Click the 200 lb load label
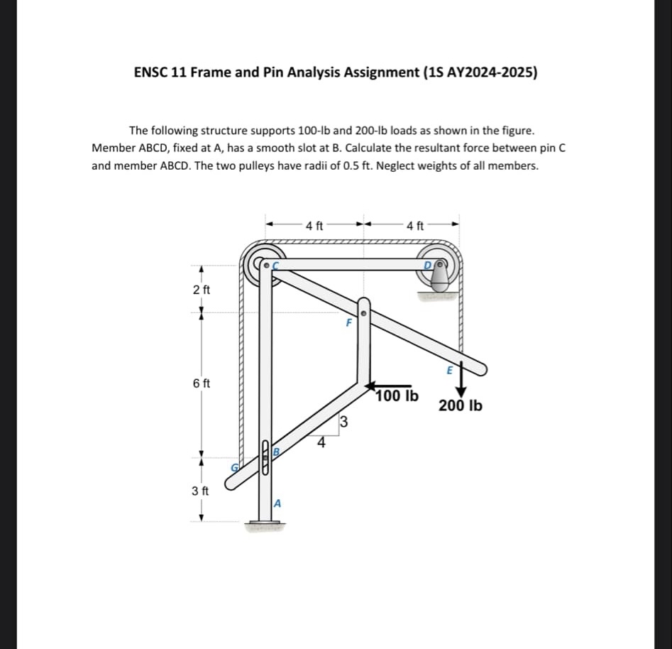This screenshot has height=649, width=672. [x=461, y=406]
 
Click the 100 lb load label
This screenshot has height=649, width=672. [x=397, y=396]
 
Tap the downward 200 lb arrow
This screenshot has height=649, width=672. [x=461, y=381]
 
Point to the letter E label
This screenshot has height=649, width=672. [x=449, y=369]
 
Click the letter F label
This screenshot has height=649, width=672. [x=348, y=322]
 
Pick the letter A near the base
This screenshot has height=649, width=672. [x=278, y=503]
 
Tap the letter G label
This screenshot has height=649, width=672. [x=238, y=467]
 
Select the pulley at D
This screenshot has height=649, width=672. [x=441, y=267]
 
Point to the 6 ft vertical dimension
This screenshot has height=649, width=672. [x=202, y=383]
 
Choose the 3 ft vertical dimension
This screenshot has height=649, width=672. [x=202, y=491]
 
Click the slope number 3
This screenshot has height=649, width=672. [x=343, y=422]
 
